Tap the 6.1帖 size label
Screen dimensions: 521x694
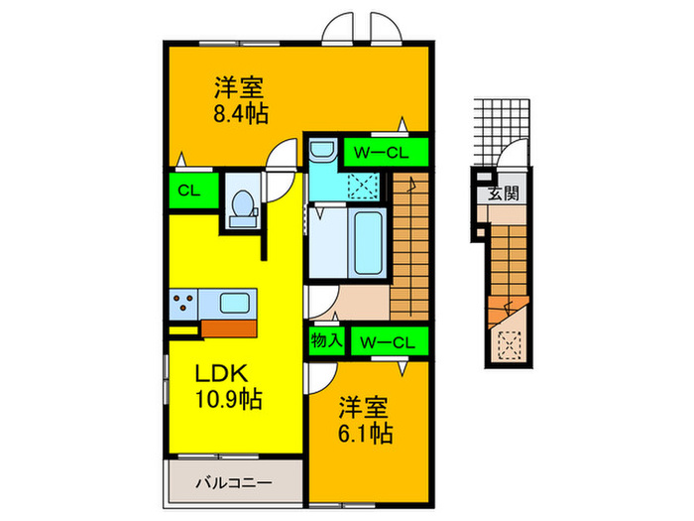click(x=367, y=434)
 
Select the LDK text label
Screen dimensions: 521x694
click(x=228, y=375)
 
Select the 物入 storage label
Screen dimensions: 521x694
click(x=326, y=340)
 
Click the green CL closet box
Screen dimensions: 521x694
click(x=186, y=191)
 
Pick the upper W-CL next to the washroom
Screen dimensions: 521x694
click(x=385, y=152)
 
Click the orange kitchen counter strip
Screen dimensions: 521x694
click(x=230, y=327)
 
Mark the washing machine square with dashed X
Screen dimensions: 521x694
click(x=364, y=185)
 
